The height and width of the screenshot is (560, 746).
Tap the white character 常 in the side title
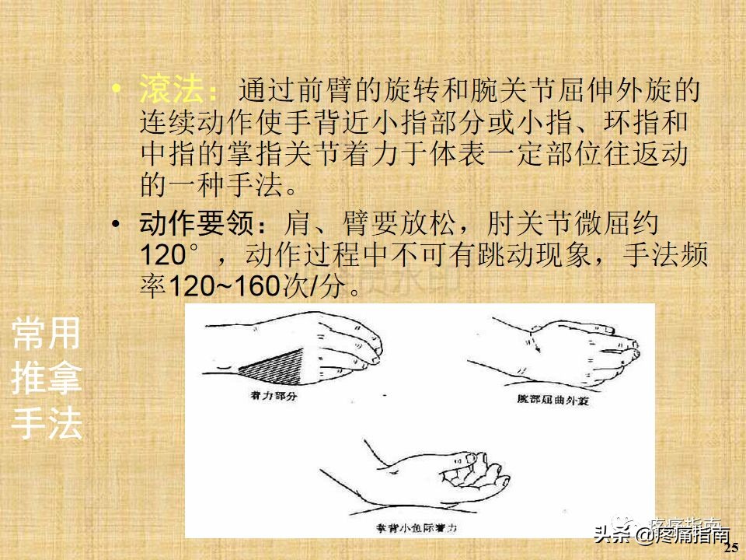coord(29,334)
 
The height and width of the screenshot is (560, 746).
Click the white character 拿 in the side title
coord(64,380)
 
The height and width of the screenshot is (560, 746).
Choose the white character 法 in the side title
coord(64,424)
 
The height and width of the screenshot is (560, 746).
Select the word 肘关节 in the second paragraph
coord(516,226)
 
